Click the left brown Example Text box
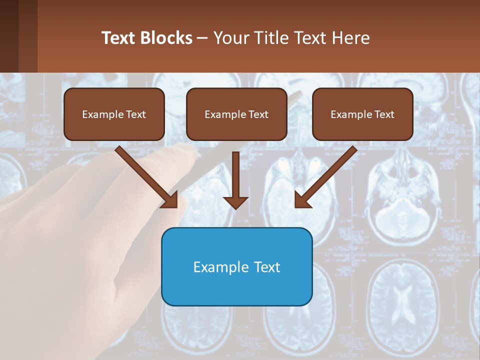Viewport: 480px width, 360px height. [114, 114]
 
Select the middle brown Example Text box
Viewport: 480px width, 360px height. [236, 114]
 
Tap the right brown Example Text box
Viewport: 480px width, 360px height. [362, 114]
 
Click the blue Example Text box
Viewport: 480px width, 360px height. [236, 266]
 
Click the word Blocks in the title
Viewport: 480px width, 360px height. [167, 38]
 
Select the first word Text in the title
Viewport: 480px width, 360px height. [120, 38]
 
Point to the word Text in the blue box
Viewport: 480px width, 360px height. [266, 267]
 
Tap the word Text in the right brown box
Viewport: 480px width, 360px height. [384, 114]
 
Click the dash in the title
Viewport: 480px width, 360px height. [202, 38]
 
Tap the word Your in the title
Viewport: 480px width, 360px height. [228, 38]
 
